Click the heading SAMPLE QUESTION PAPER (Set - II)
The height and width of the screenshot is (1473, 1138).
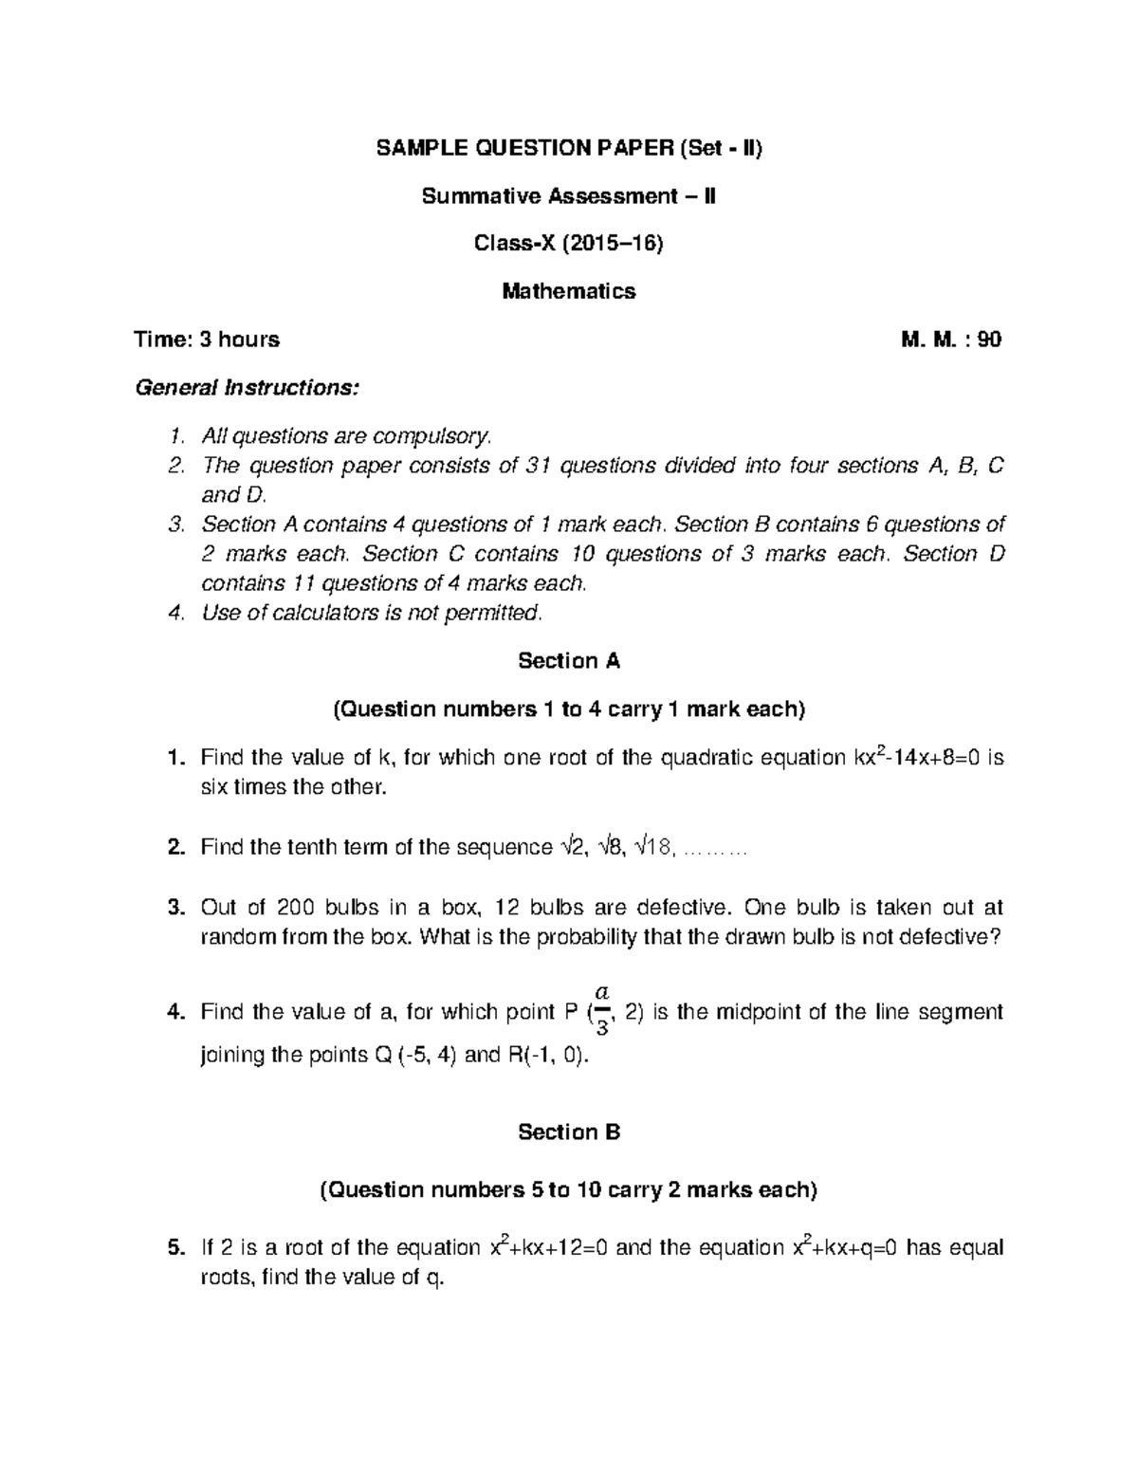[x=569, y=148]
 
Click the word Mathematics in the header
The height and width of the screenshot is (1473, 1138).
[x=569, y=291]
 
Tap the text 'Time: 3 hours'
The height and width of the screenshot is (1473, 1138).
[x=208, y=340]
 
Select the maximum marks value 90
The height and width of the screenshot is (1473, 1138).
[x=989, y=340]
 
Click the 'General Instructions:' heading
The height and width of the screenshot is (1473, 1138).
[x=248, y=388]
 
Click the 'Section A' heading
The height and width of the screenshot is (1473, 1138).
[x=569, y=661]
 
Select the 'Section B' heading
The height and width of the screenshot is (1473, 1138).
[x=569, y=1132]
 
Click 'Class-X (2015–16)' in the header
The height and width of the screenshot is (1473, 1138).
[x=569, y=244]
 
